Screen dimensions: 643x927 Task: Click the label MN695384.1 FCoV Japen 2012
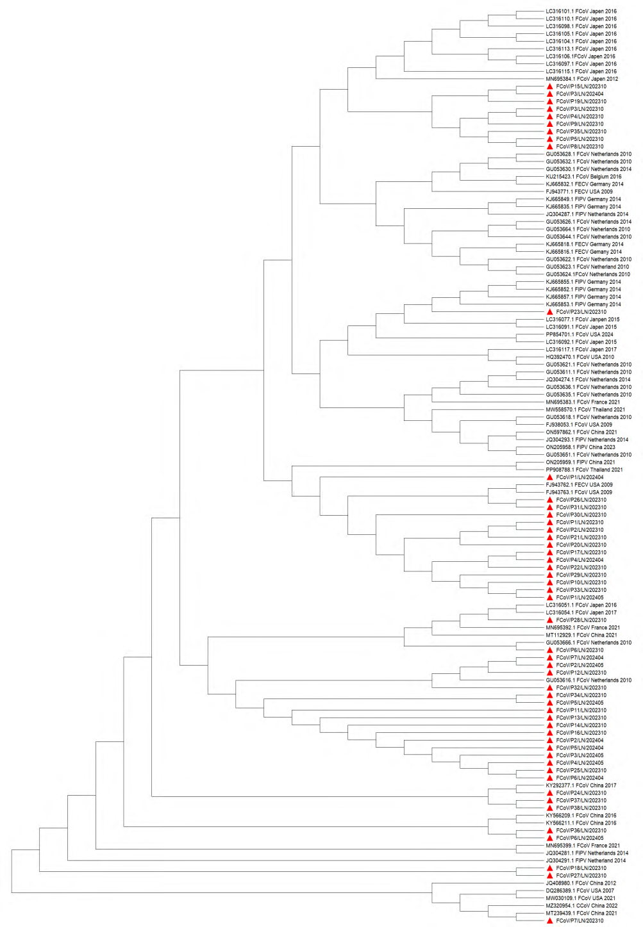tap(581, 79)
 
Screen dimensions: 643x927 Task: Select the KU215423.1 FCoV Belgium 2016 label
tap(583, 177)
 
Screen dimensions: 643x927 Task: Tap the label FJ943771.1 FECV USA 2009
tap(579, 192)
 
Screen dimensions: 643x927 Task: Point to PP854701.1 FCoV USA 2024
tap(580, 334)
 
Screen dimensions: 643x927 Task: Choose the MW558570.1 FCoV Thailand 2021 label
tap(585, 410)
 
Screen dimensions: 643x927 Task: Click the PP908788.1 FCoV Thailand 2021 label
tap(584, 470)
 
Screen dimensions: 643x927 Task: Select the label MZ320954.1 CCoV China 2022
tap(581, 905)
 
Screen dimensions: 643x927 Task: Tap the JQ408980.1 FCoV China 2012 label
tap(580, 883)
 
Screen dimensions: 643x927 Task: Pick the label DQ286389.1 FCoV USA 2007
tap(580, 890)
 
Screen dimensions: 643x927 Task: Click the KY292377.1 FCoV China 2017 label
tap(581, 785)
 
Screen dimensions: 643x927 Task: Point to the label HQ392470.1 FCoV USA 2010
tap(580, 357)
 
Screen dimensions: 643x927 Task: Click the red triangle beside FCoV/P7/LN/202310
tap(550, 921)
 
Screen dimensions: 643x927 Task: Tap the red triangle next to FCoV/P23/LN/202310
tap(550, 311)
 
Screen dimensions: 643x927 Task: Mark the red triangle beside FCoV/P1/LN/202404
tap(550, 477)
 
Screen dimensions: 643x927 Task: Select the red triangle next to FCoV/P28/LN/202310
tap(550, 620)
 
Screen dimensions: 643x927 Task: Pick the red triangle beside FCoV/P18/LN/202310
tap(550, 868)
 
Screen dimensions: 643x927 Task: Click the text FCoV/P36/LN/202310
tap(581, 830)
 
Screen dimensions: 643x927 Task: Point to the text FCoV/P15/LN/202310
tap(581, 86)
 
